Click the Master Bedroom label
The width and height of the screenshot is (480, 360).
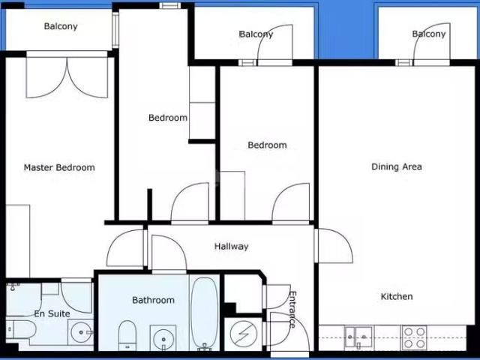(x=59, y=167)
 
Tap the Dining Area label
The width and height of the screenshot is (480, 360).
(x=397, y=166)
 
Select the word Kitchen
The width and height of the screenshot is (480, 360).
(x=397, y=296)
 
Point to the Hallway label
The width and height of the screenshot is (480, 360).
(x=231, y=247)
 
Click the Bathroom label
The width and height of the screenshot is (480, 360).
(x=153, y=300)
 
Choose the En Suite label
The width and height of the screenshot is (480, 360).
(x=52, y=313)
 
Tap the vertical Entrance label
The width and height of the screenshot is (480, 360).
(x=292, y=310)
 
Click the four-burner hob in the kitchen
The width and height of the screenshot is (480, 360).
(x=414, y=337)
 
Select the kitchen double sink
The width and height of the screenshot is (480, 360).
(x=358, y=337)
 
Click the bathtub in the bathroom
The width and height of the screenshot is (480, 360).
(x=204, y=313)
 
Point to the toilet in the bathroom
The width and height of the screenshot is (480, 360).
(x=127, y=335)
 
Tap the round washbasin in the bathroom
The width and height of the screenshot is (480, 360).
(x=163, y=338)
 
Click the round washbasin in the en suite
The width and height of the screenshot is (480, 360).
(x=81, y=332)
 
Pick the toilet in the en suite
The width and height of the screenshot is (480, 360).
(x=21, y=329)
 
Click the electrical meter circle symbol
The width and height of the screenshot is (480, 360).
(x=244, y=334)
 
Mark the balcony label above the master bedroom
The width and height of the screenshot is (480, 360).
(x=61, y=26)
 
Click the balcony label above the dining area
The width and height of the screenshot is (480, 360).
(x=429, y=34)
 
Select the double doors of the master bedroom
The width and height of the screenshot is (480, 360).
(x=67, y=76)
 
